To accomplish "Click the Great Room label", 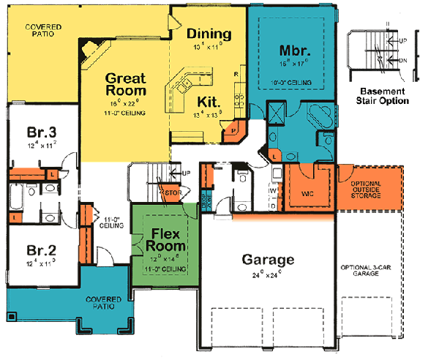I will pyautogui.click(x=125, y=83).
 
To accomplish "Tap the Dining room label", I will pyautogui.click(x=209, y=34).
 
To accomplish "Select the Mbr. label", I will pyautogui.click(x=296, y=51).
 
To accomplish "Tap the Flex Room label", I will pyautogui.click(x=167, y=241).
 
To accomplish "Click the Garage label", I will pyautogui.click(x=269, y=260).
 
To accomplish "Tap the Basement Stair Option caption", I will pyautogui.click(x=379, y=96).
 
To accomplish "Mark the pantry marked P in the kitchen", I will pyautogui.click(x=233, y=132).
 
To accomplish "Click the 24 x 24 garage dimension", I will pyautogui.click(x=269, y=276).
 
